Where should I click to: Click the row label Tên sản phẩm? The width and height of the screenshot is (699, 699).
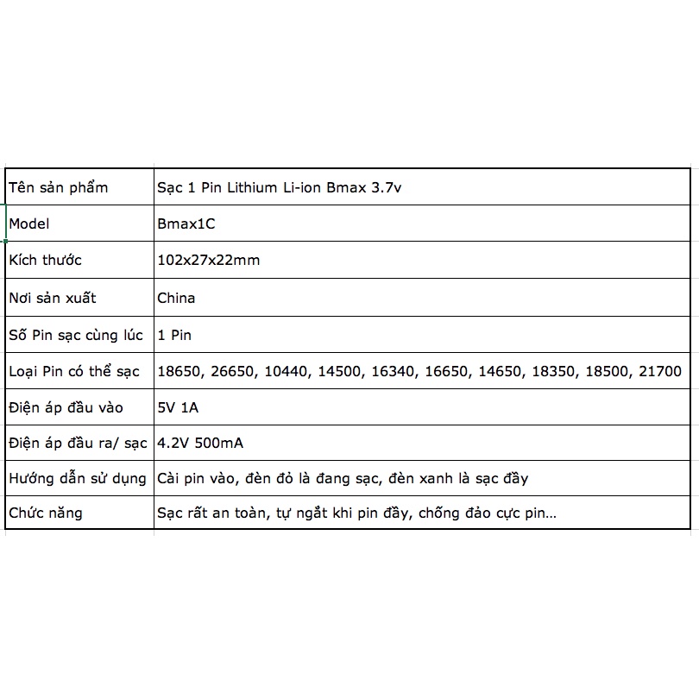pyautogui.click(x=58, y=187)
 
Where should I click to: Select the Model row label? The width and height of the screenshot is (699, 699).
pyautogui.click(x=29, y=224)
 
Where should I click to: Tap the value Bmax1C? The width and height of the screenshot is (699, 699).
pyautogui.click(x=186, y=224)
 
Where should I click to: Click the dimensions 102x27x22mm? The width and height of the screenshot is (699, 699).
pyautogui.click(x=208, y=260)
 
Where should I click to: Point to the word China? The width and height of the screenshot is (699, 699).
pyautogui.click(x=176, y=298)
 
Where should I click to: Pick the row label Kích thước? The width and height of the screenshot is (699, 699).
pyautogui.click(x=45, y=260)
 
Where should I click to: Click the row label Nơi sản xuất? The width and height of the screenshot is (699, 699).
pyautogui.click(x=52, y=298)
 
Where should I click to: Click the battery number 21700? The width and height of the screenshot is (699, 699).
pyautogui.click(x=660, y=371)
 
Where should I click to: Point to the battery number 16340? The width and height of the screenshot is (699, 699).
pyautogui.click(x=394, y=371)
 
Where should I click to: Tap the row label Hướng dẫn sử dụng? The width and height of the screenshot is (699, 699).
pyautogui.click(x=76, y=477)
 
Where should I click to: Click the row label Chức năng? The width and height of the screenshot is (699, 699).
pyautogui.click(x=45, y=513)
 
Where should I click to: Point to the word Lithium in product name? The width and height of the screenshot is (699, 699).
pyautogui.click(x=254, y=187)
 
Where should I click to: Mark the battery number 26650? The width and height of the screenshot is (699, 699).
pyautogui.click(x=233, y=371)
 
